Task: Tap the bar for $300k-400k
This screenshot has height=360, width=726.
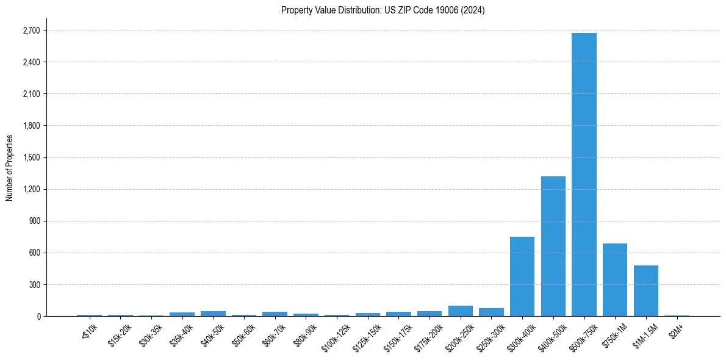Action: [x=522, y=276]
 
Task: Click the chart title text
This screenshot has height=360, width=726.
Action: [x=383, y=10]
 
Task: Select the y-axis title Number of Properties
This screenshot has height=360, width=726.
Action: [x=10, y=167]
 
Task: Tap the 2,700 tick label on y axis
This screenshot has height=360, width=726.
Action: [x=31, y=31]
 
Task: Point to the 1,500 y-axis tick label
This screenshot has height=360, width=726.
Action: [x=31, y=157]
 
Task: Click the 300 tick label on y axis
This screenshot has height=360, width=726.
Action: [x=34, y=284]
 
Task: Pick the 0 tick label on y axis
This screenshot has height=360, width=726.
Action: [x=38, y=316]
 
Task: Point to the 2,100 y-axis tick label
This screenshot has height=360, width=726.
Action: [x=31, y=94]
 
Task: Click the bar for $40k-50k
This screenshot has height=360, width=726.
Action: [x=213, y=314]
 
